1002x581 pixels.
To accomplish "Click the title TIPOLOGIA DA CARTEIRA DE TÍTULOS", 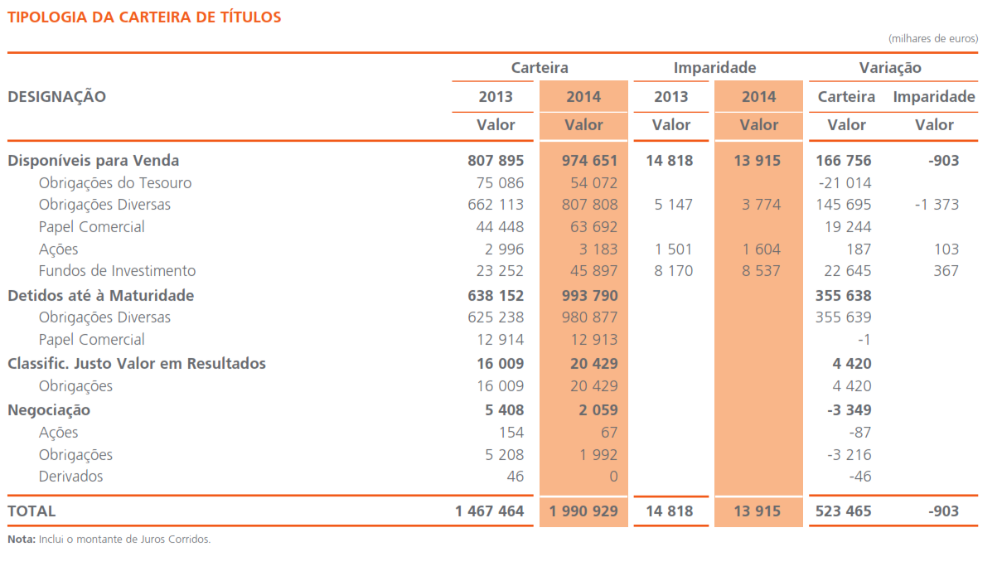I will pos(144,17).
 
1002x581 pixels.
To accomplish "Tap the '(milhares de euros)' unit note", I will pos(932,39).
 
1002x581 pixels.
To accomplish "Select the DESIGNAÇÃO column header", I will pos(57,96).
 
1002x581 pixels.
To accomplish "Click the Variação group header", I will pos(890,68).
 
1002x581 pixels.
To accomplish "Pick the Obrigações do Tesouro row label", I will pos(115,183).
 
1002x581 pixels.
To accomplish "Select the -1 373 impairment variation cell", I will pos(937,205).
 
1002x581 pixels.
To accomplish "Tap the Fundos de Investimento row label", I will pos(117,271).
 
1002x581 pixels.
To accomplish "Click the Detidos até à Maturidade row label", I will pos(101,296).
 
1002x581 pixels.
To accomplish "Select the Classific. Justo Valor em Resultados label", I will pos(137,364).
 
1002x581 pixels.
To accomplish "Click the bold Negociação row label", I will pos(49,410).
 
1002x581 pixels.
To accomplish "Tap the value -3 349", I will pos(849,410).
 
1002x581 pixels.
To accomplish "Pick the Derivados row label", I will pos(71,477).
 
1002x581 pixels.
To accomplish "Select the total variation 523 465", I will pos(843,511).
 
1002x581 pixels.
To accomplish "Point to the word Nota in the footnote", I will pos(21,540).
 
